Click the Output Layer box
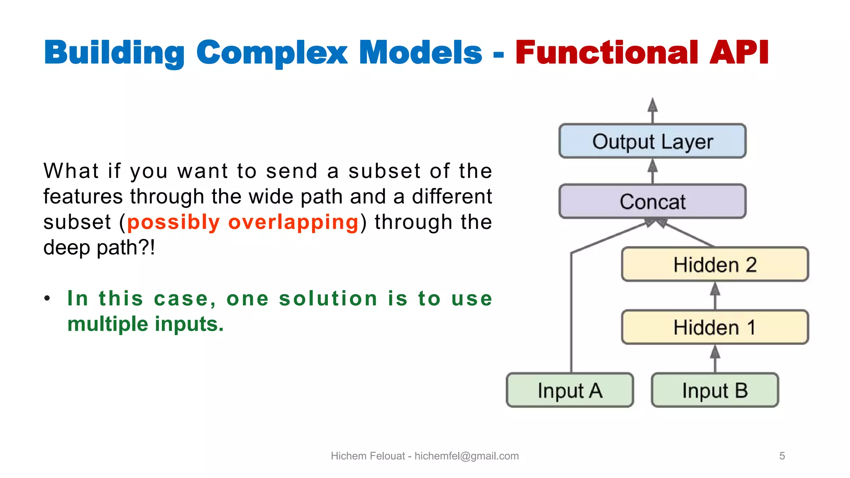tap(652, 141)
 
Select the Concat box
tap(652, 202)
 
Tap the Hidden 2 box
tap(715, 264)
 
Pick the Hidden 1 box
tap(715, 327)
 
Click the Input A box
tap(570, 390)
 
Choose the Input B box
tap(715, 390)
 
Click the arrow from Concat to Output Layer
tap(652, 171)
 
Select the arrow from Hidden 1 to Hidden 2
tap(715, 295)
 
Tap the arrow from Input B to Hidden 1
tap(715, 358)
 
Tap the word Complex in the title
tap(272, 53)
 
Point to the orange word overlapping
tap(293, 222)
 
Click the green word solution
tap(328, 299)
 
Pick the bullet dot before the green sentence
tap(47, 298)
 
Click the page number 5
tap(782, 456)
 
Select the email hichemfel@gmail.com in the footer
tap(467, 456)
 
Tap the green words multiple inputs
tap(145, 324)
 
